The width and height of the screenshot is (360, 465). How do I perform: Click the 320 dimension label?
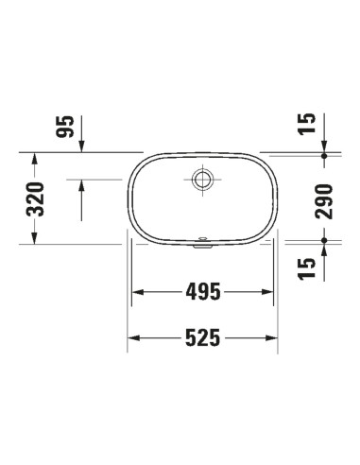(35, 199)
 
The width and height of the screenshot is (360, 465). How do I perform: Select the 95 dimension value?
(65, 127)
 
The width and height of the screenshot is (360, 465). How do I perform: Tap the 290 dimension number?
(324, 201)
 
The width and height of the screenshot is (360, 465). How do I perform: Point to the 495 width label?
(203, 292)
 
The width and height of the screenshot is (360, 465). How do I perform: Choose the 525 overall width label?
(203, 337)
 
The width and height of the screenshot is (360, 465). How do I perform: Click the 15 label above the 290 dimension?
(307, 124)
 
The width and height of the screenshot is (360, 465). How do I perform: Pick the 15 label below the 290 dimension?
(307, 268)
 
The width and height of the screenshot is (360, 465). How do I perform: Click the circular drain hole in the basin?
(202, 180)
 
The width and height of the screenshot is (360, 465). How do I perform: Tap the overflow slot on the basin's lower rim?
(202, 240)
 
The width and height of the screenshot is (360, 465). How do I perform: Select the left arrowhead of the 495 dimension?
(138, 292)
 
